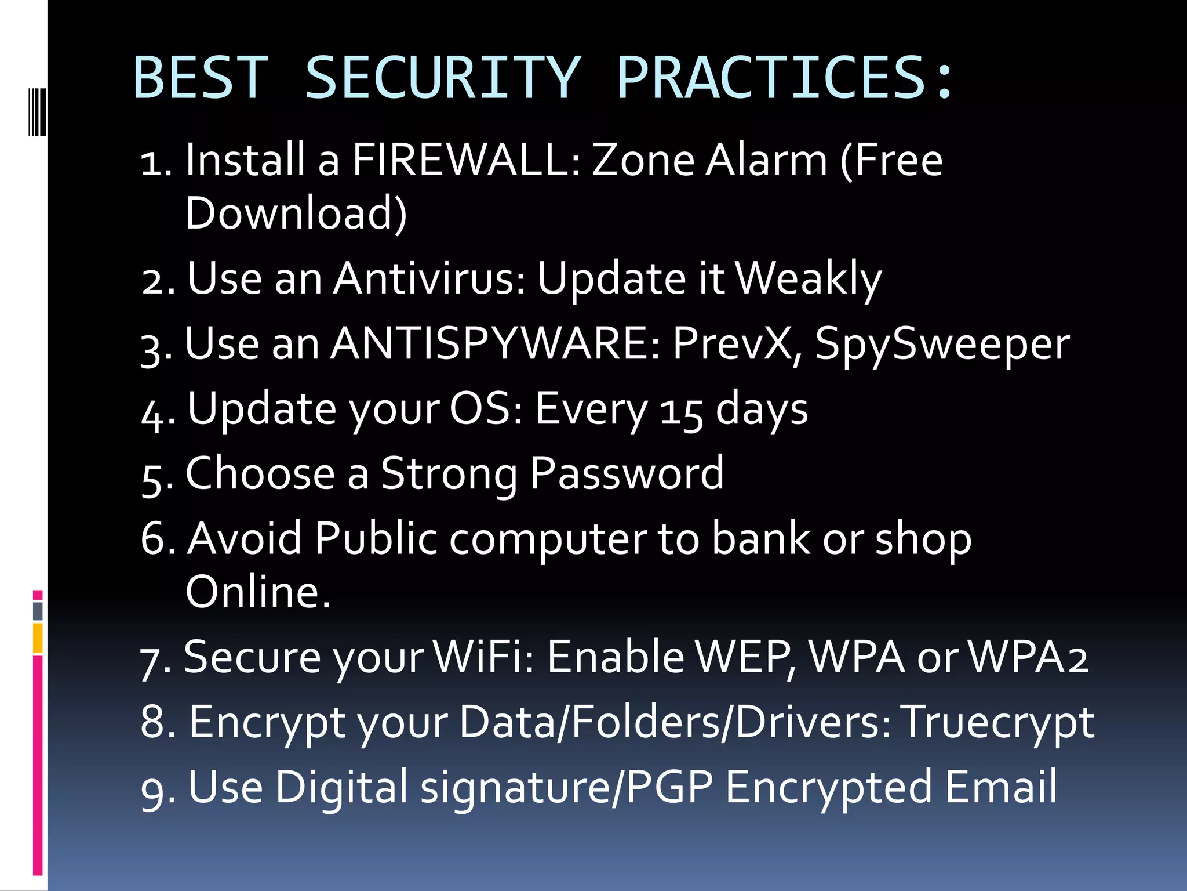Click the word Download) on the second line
point(296,213)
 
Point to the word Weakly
point(808,279)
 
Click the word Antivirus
point(429,279)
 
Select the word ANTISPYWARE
point(496,343)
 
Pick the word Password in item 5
point(627,474)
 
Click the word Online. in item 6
point(258,592)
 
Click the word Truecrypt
point(998,723)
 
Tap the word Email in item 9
point(1001,787)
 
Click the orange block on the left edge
point(38,638)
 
